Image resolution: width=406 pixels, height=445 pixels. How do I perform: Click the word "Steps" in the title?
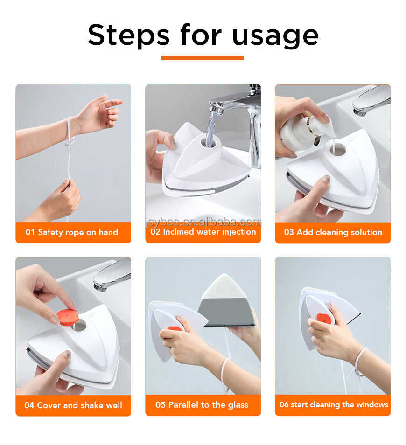pyautogui.click(x=129, y=35)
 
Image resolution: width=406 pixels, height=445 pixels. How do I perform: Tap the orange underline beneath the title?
pyautogui.click(x=203, y=58)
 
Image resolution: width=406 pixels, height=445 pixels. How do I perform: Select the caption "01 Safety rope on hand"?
pyautogui.click(x=72, y=232)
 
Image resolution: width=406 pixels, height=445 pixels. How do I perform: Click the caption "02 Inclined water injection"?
pyautogui.click(x=203, y=232)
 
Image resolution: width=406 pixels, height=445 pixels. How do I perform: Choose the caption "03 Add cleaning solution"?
pyautogui.click(x=333, y=232)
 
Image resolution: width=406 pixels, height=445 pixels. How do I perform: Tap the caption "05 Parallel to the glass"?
pyautogui.click(x=202, y=405)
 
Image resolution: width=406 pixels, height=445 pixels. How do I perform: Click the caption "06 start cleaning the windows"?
pyautogui.click(x=333, y=405)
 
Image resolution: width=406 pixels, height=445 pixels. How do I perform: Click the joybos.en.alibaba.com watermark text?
pyautogui.click(x=203, y=222)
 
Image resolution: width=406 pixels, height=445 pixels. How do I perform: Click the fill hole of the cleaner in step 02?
pyautogui.click(x=208, y=141)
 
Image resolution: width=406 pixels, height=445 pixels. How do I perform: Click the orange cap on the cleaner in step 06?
pyautogui.click(x=323, y=319)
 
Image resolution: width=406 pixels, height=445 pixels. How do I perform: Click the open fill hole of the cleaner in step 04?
pyautogui.click(x=79, y=325)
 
